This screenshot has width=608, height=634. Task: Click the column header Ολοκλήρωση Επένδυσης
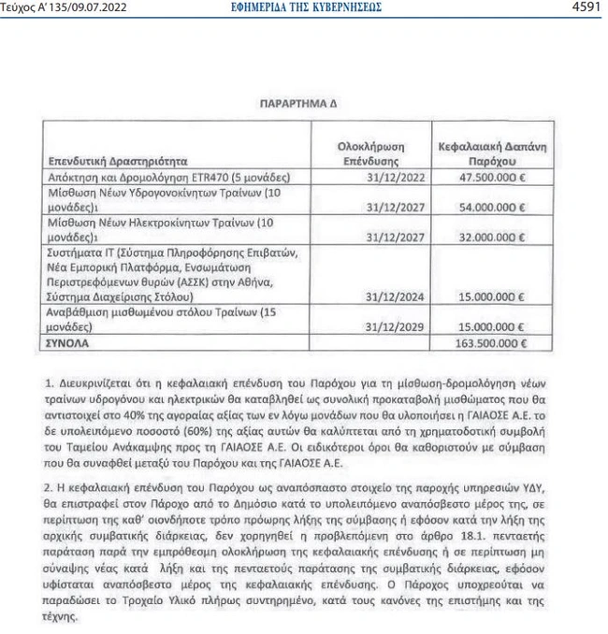point(374,153)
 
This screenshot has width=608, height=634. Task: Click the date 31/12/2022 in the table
point(397,177)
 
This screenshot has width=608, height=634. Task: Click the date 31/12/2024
point(397,296)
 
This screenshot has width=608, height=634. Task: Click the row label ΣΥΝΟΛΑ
point(69,342)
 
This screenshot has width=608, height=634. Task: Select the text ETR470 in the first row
point(210,177)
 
